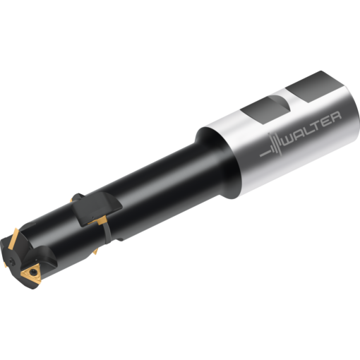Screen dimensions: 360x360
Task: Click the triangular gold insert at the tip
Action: [31, 273]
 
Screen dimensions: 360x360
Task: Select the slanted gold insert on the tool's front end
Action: [13, 238]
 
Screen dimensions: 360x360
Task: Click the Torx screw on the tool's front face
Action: [12, 260]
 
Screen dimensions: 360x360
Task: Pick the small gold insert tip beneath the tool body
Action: [95, 252]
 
